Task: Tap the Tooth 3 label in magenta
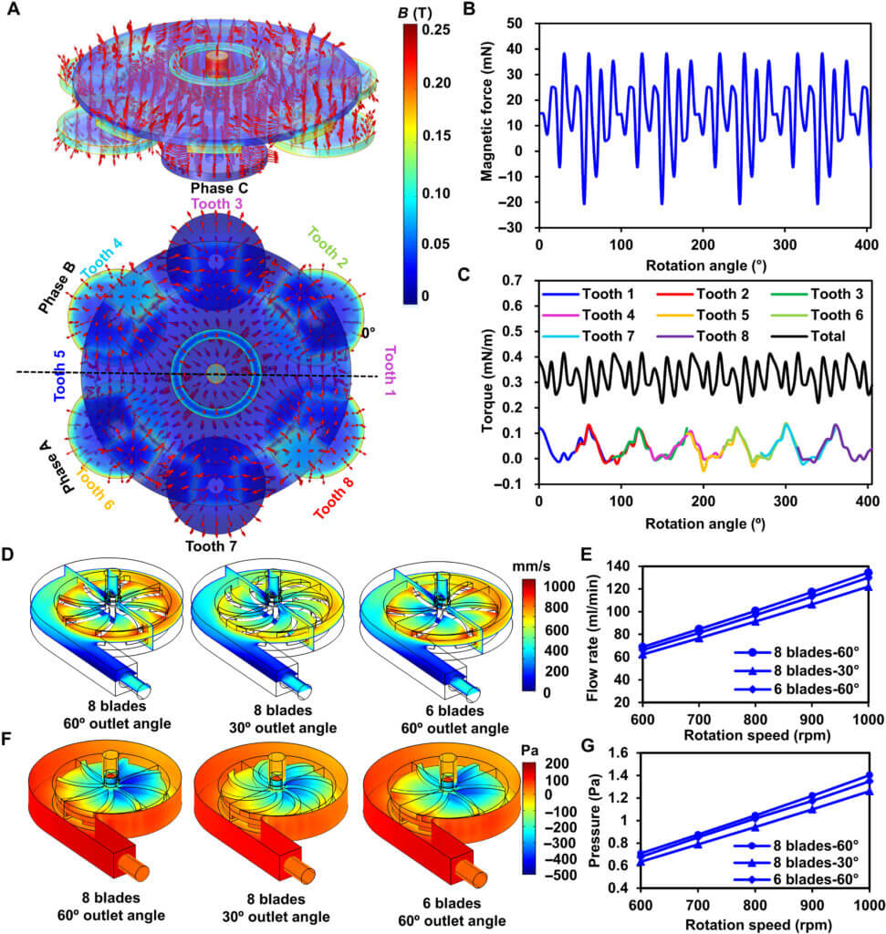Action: pos(217,202)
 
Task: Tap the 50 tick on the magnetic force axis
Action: pos(523,23)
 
